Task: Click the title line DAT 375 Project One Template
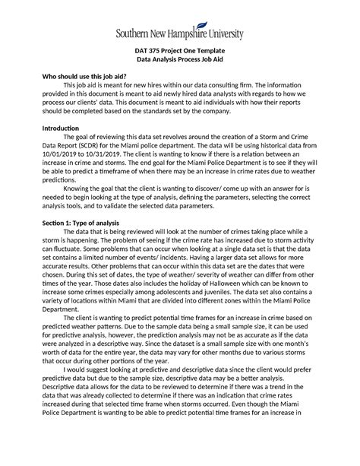coord(180,51)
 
